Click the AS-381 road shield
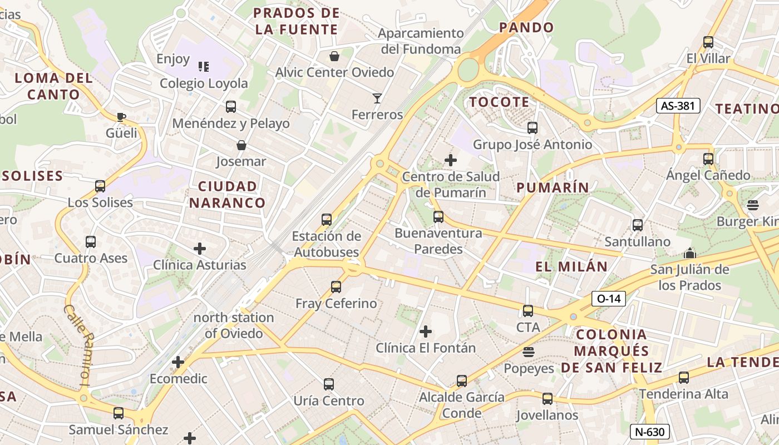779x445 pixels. click(678, 106)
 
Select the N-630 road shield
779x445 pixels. click(649, 432)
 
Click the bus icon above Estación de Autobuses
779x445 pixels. click(327, 220)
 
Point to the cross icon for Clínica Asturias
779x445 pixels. click(200, 249)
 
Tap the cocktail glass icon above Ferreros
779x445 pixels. click(377, 98)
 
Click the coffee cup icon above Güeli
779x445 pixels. click(121, 117)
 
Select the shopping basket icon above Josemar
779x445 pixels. click(241, 145)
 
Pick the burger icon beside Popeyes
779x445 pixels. click(529, 352)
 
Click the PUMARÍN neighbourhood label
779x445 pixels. click(553, 187)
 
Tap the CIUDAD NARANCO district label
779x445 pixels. click(228, 194)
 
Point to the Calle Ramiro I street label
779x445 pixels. click(78, 345)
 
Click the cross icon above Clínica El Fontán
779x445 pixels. click(426, 332)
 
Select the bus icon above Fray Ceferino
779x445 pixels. click(336, 287)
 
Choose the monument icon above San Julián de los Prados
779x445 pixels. click(690, 254)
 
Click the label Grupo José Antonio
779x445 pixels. click(533, 145)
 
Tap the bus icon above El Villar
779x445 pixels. click(708, 42)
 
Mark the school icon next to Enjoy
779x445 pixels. click(204, 67)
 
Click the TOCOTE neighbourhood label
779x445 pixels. click(499, 102)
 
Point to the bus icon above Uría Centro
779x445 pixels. click(329, 384)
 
